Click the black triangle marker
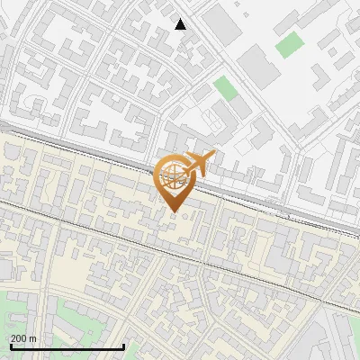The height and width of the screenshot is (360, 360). (181, 24)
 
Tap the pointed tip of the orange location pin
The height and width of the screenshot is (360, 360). (175, 212)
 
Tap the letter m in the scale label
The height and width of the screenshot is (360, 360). (33, 339)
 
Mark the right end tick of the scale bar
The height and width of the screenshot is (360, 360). (123, 346)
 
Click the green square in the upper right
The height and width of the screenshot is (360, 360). (290, 44)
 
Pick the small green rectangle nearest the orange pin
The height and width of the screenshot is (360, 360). (225, 88)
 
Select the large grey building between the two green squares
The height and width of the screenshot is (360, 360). (256, 67)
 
